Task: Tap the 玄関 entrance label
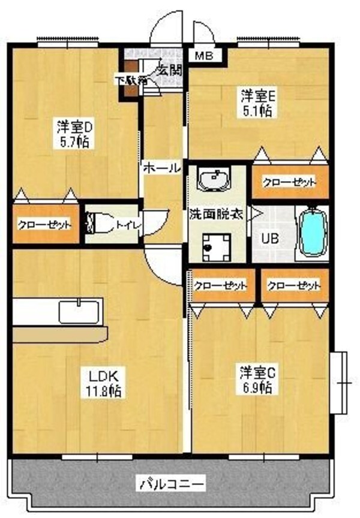pyautogui.click(x=170, y=70)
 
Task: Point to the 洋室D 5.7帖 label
pyautogui.click(x=74, y=135)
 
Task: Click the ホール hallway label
pyautogui.click(x=162, y=168)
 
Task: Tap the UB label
pyautogui.click(x=268, y=238)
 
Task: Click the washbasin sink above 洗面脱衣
pyautogui.click(x=214, y=179)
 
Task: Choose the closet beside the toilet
pyautogui.click(x=45, y=225)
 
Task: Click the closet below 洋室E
pyautogui.click(x=289, y=183)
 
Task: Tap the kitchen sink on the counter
pyautogui.click(x=79, y=312)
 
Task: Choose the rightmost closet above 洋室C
pyautogui.click(x=294, y=286)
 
